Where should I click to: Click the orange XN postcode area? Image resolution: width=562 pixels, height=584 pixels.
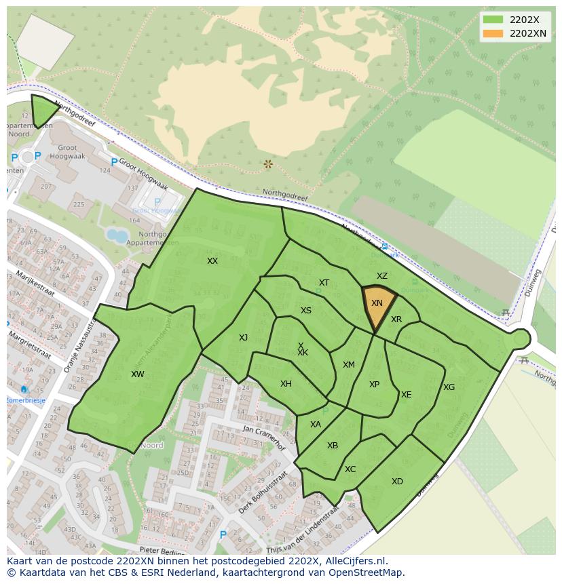point(377,306)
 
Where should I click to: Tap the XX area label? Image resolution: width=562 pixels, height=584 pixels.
point(212,261)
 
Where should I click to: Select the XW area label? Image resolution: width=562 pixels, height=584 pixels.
point(138,374)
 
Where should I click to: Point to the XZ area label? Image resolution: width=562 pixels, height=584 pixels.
point(382,276)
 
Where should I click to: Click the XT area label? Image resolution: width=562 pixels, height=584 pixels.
point(324,283)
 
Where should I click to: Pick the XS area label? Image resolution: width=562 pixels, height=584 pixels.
point(306,311)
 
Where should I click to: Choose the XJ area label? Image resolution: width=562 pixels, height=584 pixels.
point(243,338)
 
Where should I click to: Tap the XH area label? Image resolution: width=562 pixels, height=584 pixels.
point(286,384)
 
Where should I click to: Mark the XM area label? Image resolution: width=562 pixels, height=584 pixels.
point(348,365)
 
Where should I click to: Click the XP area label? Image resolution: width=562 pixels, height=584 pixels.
point(374,385)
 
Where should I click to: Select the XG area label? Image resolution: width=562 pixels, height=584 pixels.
point(449,387)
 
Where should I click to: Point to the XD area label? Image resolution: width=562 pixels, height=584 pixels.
point(397,482)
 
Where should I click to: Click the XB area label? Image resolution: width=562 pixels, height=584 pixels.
point(333,446)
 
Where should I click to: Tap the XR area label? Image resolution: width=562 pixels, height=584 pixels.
point(396,319)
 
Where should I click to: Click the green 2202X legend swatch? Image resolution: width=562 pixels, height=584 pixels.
point(493,20)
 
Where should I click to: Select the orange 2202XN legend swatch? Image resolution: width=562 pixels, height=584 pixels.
point(493,33)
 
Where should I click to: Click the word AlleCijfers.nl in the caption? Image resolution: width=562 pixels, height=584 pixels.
point(355,561)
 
